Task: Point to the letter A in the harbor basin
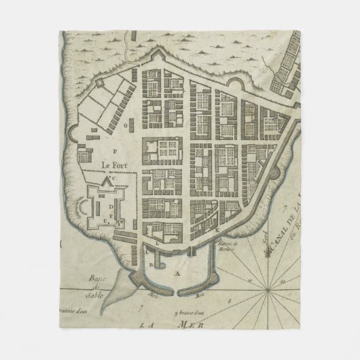(x=160, y=272)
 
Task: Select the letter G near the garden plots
(x=126, y=126)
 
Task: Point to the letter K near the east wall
(x=218, y=231)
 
